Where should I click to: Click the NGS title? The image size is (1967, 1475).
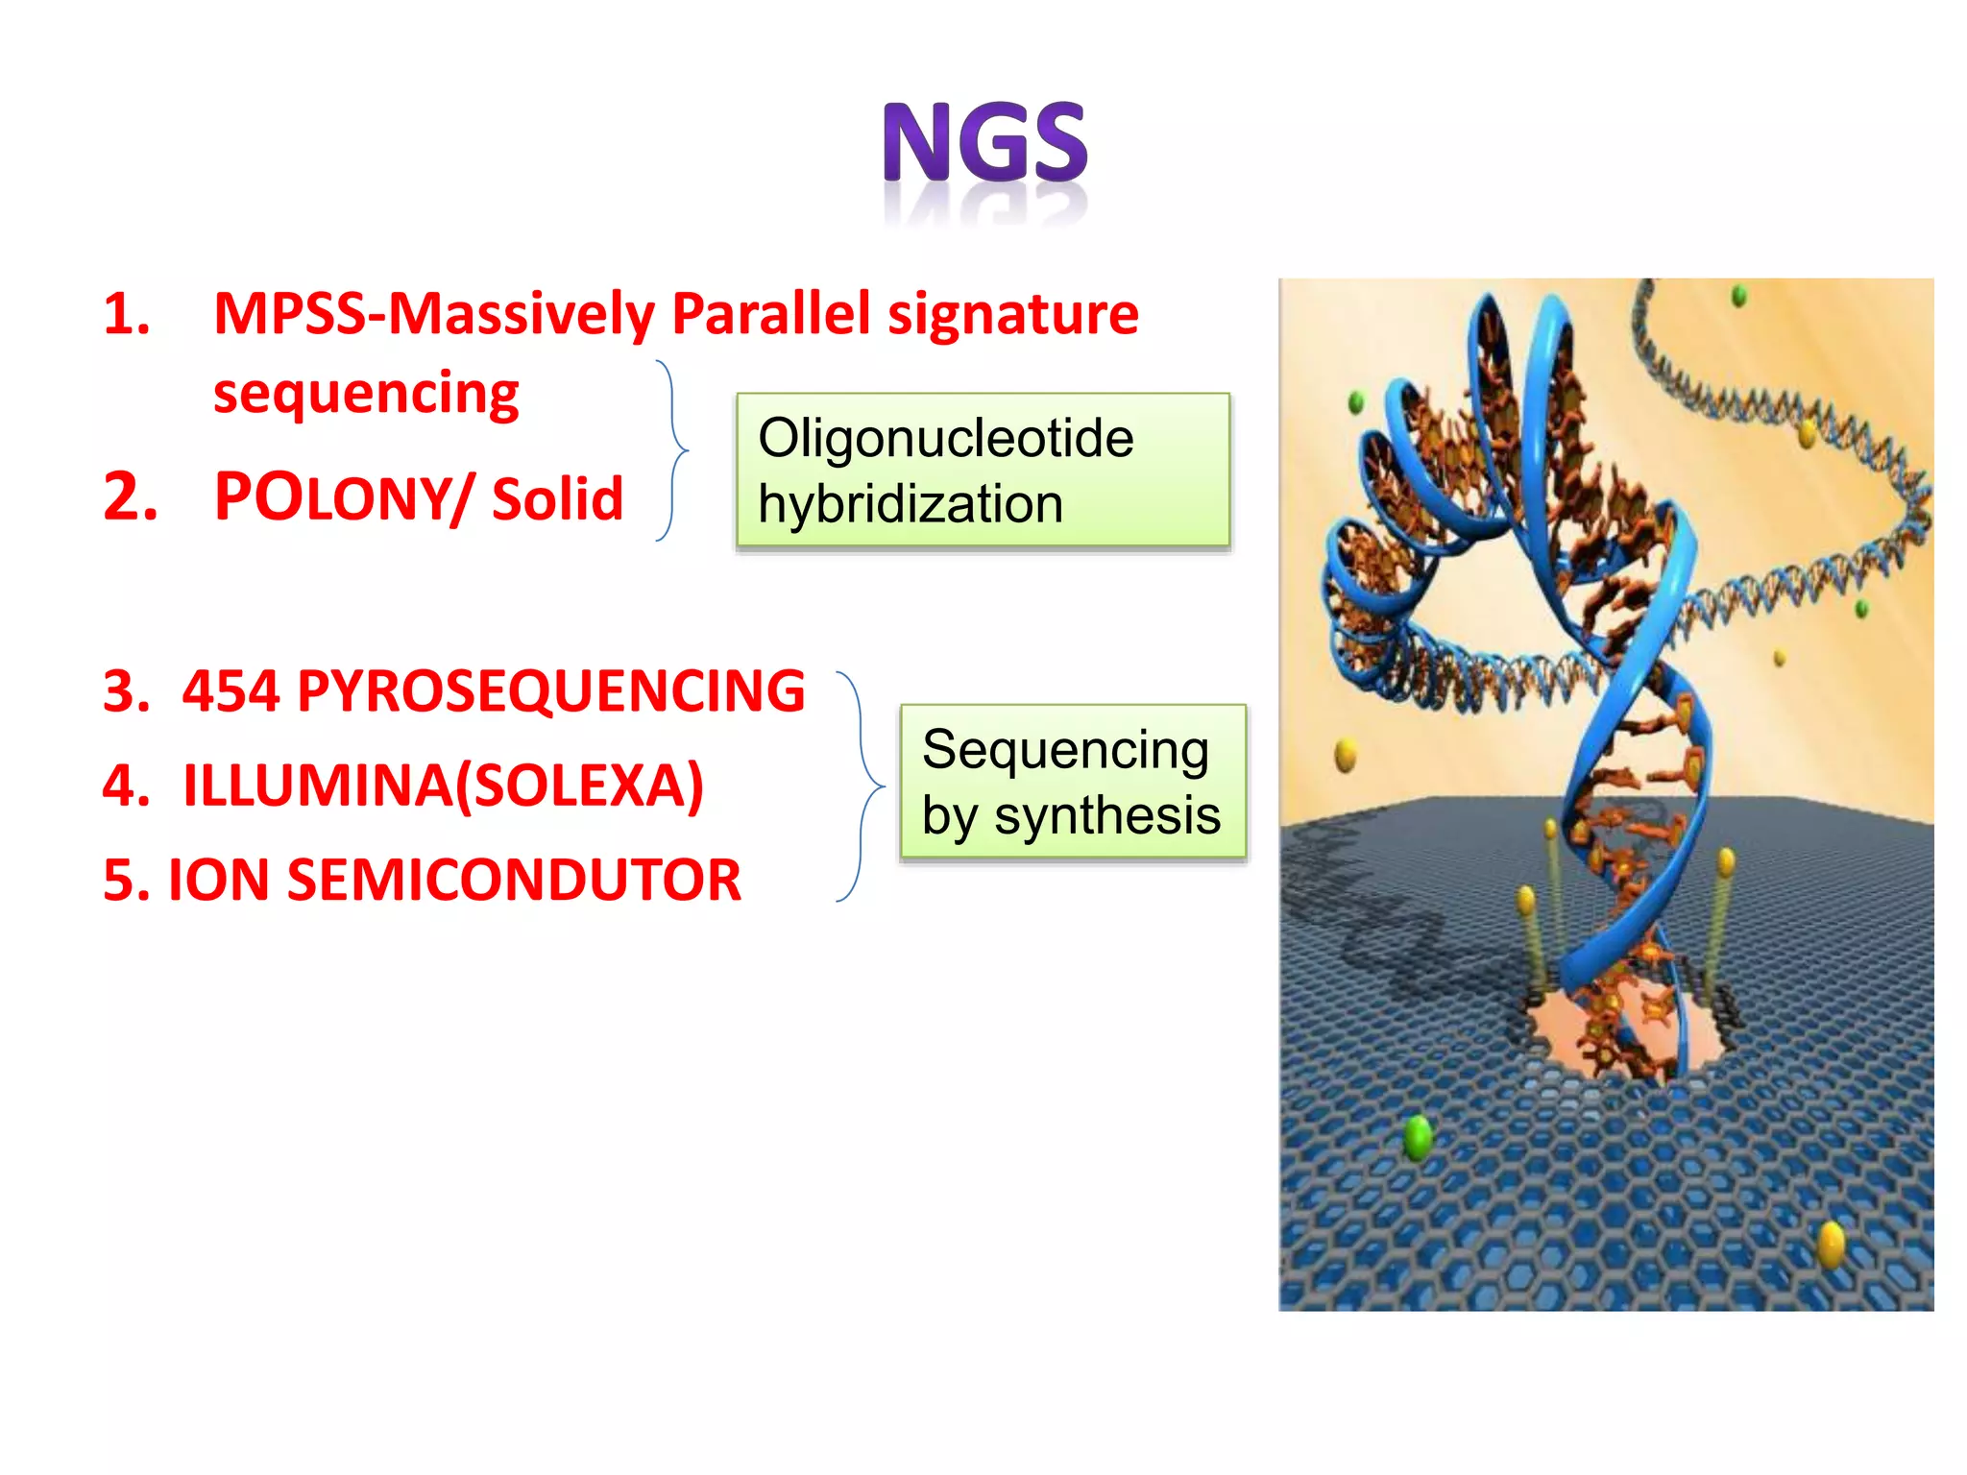[x=985, y=144]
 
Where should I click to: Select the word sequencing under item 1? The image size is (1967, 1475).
[x=366, y=395]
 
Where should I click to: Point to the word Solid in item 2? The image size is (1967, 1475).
[x=557, y=499]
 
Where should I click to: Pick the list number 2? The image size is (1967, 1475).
[x=130, y=498]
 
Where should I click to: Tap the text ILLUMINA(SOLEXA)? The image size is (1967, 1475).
[x=443, y=786]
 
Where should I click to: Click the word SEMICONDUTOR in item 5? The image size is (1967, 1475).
[x=514, y=880]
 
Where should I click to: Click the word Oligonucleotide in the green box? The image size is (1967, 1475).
[x=945, y=439]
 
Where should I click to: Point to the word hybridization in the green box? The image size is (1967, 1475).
[x=910, y=505]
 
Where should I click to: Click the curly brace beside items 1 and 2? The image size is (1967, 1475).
[x=673, y=449]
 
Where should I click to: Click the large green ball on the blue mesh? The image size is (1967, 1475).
[x=1418, y=1138]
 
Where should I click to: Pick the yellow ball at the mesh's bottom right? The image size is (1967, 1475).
[x=1832, y=1245]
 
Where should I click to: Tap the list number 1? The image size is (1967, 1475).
[x=127, y=315]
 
